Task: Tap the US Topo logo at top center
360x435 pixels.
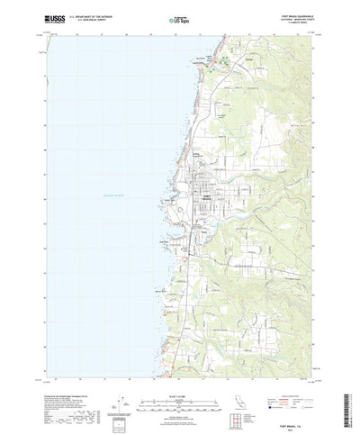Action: coord(180,17)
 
